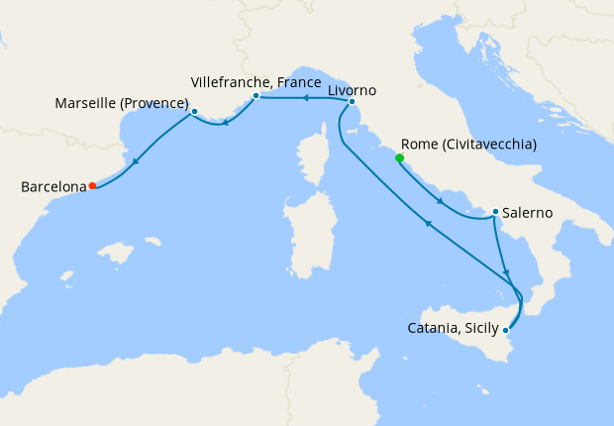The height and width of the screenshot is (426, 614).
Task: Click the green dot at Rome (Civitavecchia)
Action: [400, 158]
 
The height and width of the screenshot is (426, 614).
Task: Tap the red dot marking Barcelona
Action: [92, 185]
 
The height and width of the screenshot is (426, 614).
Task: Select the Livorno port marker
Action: [352, 101]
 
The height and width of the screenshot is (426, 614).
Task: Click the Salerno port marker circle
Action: [495, 212]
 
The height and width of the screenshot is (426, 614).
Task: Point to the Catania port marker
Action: [506, 329]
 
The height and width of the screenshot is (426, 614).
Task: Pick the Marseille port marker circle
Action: [194, 111]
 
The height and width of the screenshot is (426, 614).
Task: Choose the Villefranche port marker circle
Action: [256, 96]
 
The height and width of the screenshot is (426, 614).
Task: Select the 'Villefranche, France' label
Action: [256, 81]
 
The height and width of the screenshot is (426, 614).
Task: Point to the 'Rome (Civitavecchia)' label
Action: [469, 144]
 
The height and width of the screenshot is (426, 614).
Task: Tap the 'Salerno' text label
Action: [528, 212]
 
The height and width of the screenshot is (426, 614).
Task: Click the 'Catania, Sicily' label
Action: [454, 328]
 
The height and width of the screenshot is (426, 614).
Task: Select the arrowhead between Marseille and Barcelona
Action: [135, 160]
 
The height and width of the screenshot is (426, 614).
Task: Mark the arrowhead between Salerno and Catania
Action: [506, 272]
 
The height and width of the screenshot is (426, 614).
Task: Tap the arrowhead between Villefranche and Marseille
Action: [226, 123]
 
